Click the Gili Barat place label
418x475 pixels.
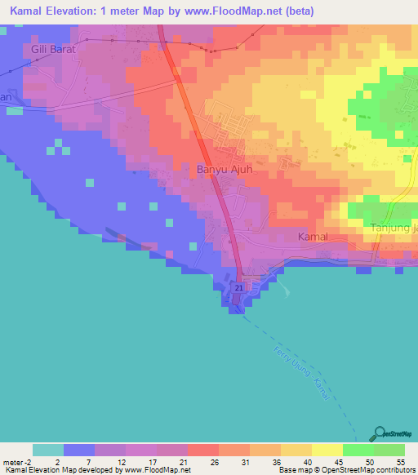(x=53, y=49)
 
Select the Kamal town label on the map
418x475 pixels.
(x=311, y=236)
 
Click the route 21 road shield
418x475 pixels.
(x=238, y=289)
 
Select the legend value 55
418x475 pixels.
(x=401, y=461)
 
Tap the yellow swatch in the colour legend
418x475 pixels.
(x=327, y=450)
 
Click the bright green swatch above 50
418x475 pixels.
(x=358, y=450)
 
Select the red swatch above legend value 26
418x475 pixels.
(x=202, y=450)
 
